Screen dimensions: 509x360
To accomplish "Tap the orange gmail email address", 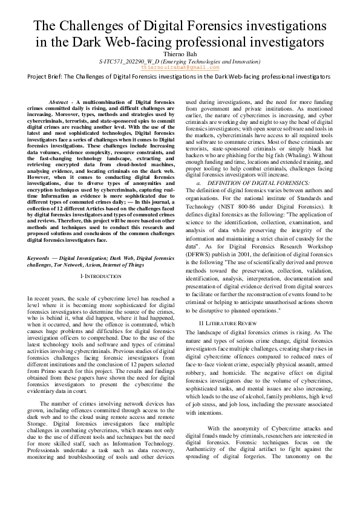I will coord(180,68).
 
